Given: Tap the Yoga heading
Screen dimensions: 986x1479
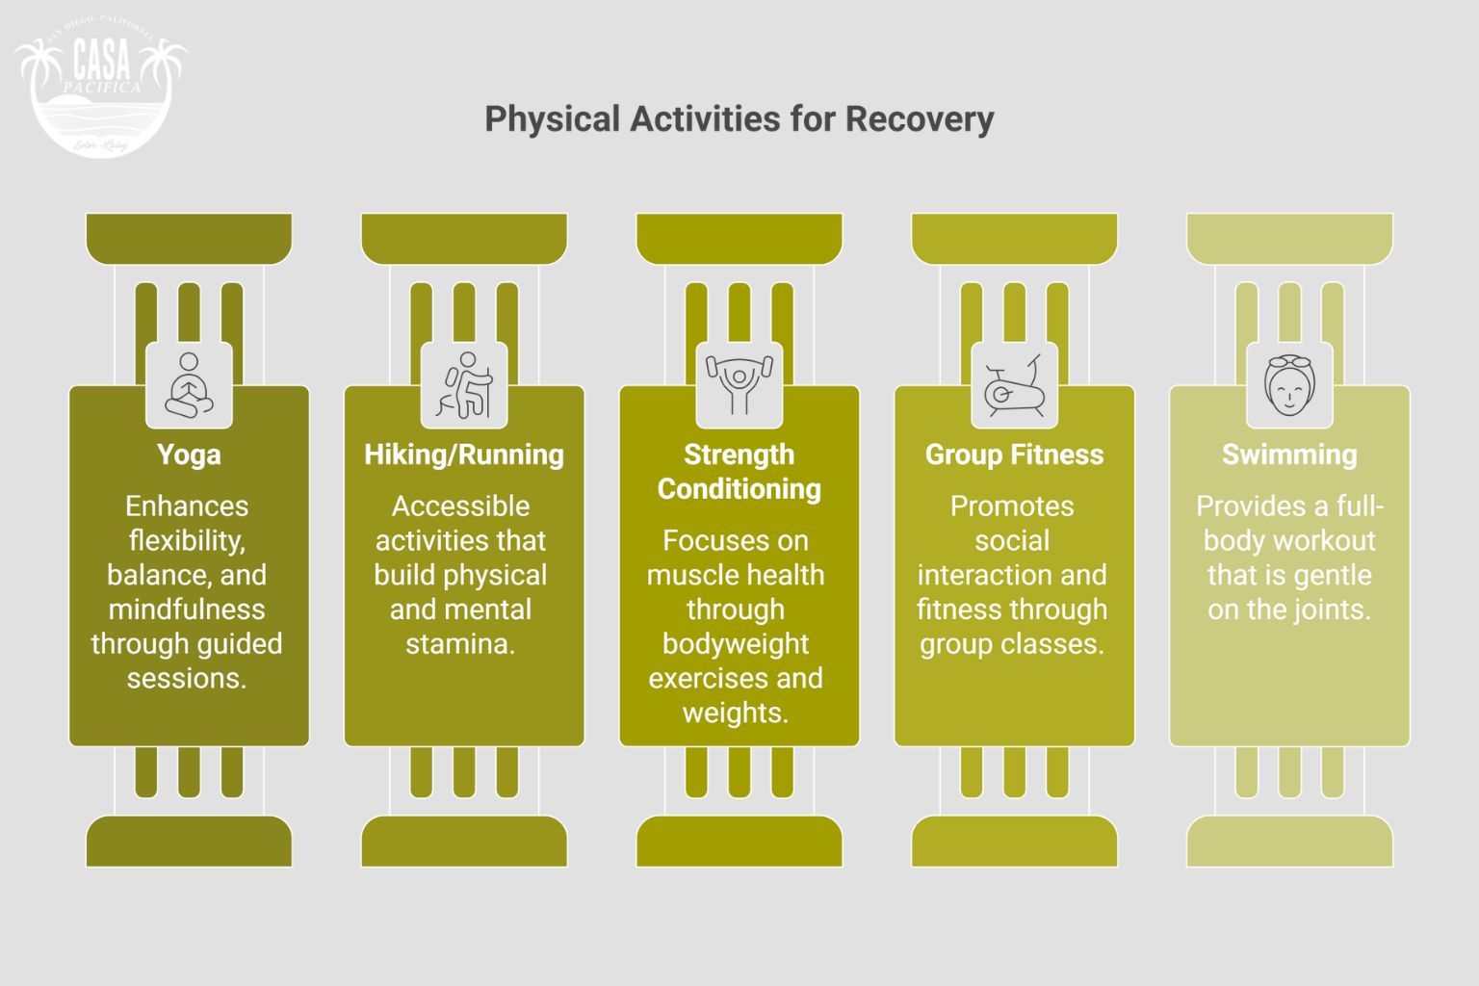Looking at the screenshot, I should pyautogui.click(x=189, y=454).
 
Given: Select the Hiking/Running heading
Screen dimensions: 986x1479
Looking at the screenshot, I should pyautogui.click(x=464, y=454).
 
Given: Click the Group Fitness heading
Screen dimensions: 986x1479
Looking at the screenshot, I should pyautogui.click(x=1014, y=454).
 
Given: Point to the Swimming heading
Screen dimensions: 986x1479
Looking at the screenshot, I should pyautogui.click(x=1289, y=454).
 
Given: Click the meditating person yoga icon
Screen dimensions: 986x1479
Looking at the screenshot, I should pyautogui.click(x=189, y=385).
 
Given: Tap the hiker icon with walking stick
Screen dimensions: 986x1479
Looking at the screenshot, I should pyautogui.click(x=464, y=385).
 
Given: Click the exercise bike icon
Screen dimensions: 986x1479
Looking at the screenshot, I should pyautogui.click(x=1014, y=385).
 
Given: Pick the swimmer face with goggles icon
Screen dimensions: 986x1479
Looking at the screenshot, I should pyautogui.click(x=1289, y=385).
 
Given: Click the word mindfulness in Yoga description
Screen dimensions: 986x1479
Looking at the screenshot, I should pyautogui.click(x=187, y=610).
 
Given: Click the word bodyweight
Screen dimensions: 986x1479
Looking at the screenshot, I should pyautogui.click(x=736, y=644).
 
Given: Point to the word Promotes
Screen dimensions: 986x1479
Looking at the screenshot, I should pyautogui.click(x=1012, y=506).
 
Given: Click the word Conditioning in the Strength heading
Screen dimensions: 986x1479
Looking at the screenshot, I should pyautogui.click(x=739, y=489).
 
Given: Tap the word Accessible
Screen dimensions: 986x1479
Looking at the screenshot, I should pyautogui.click(x=460, y=506).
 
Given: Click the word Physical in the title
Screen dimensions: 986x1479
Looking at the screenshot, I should pyautogui.click(x=553, y=119).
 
